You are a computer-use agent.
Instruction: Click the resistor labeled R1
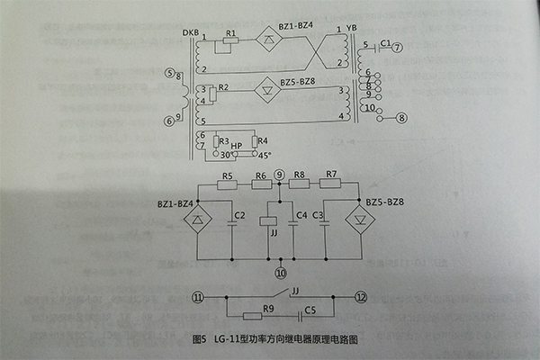tap(231, 42)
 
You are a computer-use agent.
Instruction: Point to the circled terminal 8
tap(402, 117)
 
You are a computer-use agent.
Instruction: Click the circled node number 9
tap(280, 174)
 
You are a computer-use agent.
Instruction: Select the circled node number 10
tap(280, 271)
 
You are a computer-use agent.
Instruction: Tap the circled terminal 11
tap(197, 298)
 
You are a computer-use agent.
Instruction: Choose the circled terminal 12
tap(362, 298)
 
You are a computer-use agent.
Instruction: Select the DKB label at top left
tap(191, 33)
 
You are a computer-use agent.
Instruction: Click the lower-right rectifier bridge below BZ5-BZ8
tap(363, 220)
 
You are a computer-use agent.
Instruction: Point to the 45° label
tap(263, 154)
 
